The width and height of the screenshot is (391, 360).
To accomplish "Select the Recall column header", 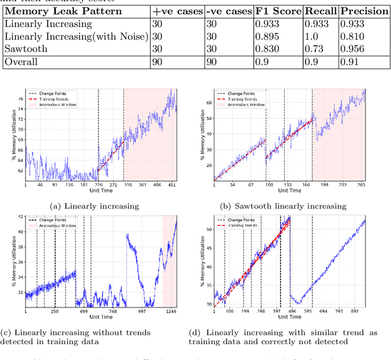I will tap(320, 11).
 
